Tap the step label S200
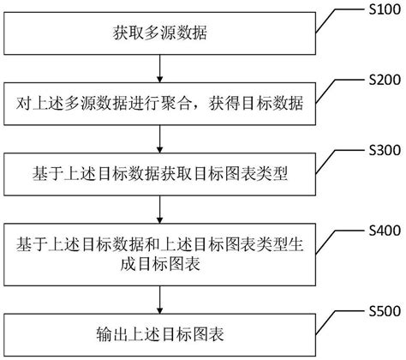click(382, 81)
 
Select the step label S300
click(382, 151)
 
